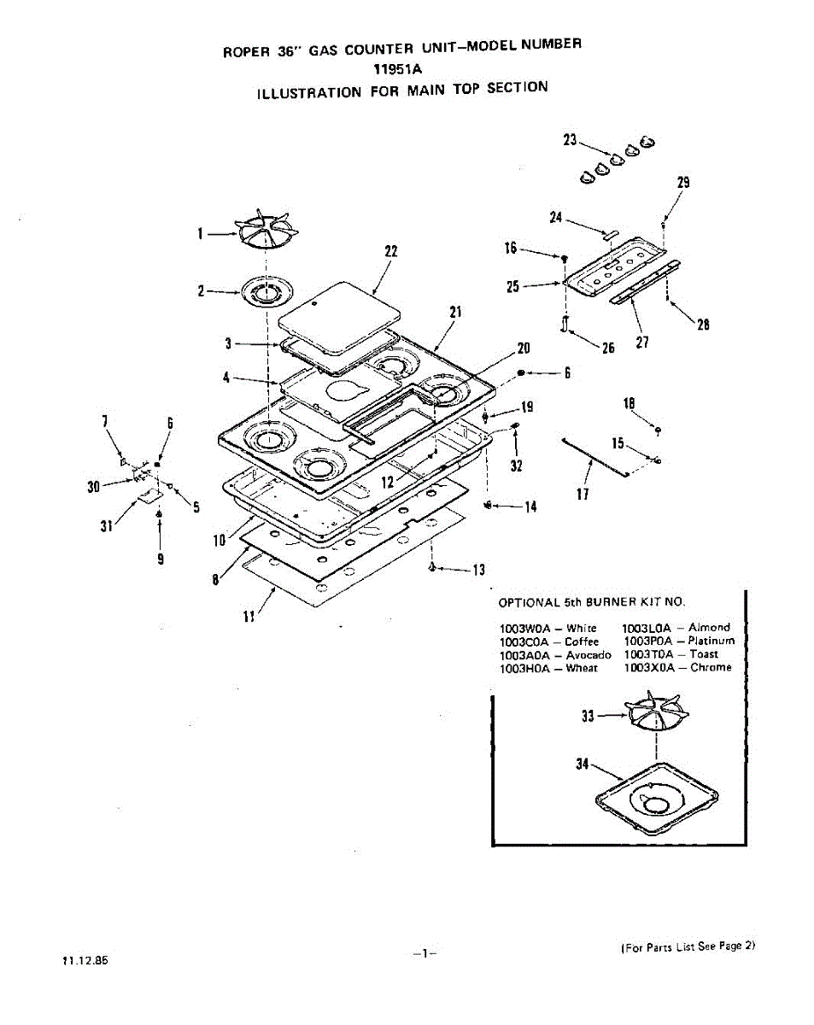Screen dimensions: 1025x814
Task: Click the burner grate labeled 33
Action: [657, 714]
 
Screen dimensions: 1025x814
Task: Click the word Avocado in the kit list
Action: [589, 654]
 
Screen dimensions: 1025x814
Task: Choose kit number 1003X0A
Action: [648, 668]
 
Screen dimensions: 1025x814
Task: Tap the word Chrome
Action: [711, 668]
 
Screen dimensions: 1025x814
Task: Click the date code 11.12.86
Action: [85, 959]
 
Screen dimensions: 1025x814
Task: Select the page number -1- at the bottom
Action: [424, 953]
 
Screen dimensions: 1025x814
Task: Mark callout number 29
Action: [682, 182]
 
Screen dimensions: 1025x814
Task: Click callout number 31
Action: [106, 526]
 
